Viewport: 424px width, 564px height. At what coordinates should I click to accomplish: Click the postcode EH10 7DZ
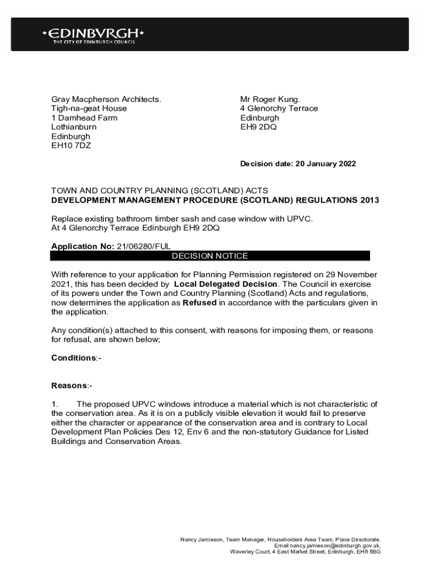[71, 145]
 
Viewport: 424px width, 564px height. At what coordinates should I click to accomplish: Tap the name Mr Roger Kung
[270, 99]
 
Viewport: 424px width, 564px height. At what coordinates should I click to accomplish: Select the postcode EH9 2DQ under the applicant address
[258, 127]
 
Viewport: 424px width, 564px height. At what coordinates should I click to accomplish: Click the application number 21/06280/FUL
[147, 246]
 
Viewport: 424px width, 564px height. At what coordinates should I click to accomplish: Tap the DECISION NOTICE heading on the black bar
[210, 256]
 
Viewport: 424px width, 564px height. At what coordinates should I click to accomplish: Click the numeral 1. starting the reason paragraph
[55, 404]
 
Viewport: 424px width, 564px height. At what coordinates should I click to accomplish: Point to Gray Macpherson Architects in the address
[106, 99]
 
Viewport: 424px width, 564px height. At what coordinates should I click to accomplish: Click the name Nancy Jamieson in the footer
[202, 539]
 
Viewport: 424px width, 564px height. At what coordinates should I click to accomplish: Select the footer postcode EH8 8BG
[368, 551]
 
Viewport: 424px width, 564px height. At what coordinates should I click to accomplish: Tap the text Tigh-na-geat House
[89, 109]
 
